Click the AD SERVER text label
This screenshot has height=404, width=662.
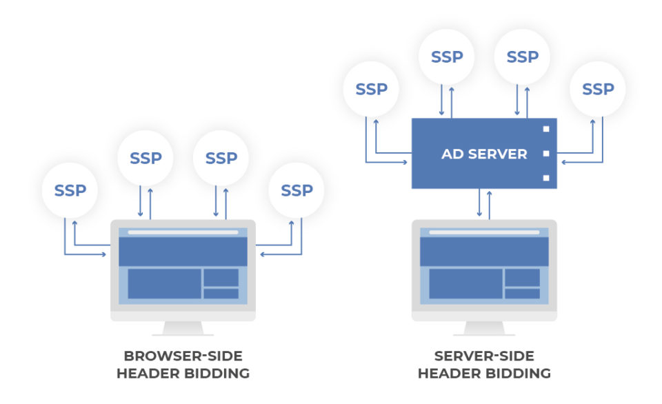click(484, 154)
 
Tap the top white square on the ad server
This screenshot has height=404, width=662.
click(545, 129)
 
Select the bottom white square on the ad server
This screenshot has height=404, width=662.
click(545, 178)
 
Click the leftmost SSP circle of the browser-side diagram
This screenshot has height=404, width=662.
click(70, 190)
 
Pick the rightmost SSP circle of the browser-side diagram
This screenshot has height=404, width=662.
click(297, 190)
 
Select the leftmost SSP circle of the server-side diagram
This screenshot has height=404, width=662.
click(372, 89)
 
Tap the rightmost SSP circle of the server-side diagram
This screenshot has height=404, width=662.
click(598, 89)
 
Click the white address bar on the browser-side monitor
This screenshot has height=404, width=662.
click(183, 232)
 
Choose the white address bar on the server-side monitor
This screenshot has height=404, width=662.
click(484, 232)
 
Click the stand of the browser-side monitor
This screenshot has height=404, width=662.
click(183, 327)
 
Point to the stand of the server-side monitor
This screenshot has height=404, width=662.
click(484, 327)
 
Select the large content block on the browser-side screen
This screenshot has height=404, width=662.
click(164, 284)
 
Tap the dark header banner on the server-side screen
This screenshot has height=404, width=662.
click(484, 252)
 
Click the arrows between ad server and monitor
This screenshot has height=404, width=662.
click(484, 204)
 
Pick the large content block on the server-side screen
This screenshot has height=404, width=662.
click(465, 284)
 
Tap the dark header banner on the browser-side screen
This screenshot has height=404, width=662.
click(183, 252)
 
